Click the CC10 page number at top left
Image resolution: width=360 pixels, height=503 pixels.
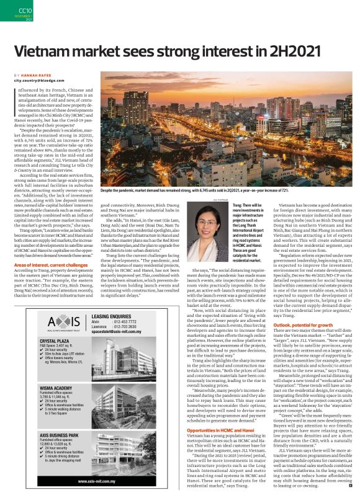pos(25,11)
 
